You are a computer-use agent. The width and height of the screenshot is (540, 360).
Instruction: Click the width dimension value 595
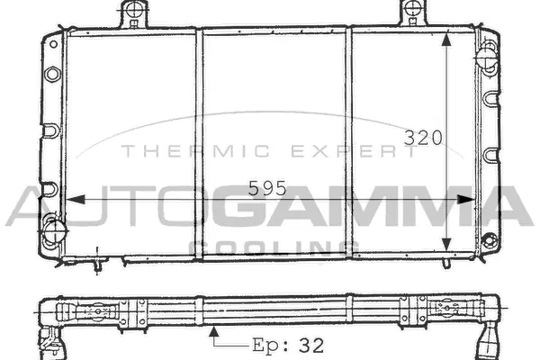(267, 188)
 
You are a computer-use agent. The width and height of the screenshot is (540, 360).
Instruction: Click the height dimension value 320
(422, 139)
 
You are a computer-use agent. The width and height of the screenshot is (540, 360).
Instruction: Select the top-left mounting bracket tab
(133, 13)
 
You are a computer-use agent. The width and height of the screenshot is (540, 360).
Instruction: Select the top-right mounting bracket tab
(413, 13)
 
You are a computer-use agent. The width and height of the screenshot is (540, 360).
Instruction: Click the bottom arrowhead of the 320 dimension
(447, 244)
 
